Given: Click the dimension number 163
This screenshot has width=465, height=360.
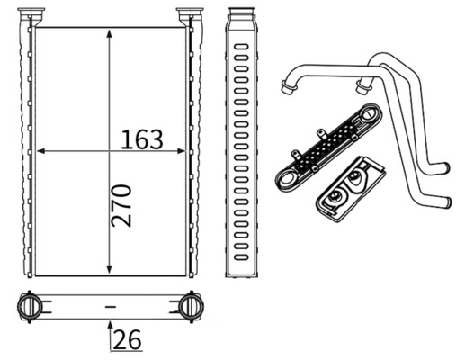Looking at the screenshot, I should pos(142,139).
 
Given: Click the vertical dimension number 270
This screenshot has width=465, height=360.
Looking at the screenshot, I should pos(123,205).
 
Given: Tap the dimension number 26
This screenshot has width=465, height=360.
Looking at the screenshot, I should pos(128,340).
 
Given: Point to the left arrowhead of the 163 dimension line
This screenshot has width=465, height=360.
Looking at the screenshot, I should pos(40,149).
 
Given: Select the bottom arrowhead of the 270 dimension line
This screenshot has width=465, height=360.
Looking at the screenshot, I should pos(109,269).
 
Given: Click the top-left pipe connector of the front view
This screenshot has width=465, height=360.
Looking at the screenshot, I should pos(32,15).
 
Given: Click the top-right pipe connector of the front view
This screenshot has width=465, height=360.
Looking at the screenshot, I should pos(190,15).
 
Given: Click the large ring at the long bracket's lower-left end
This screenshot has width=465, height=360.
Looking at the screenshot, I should pos(287,176).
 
